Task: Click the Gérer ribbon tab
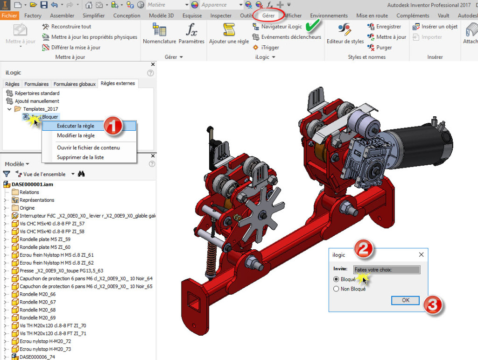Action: [x=268, y=15]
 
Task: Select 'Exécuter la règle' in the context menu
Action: [x=75, y=126]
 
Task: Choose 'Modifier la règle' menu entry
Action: [x=76, y=135]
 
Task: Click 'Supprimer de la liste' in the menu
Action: [x=80, y=157]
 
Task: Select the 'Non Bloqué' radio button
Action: [x=336, y=289]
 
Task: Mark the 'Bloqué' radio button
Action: [x=336, y=279]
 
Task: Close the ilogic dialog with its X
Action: [x=421, y=255]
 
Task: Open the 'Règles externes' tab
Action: [x=118, y=84]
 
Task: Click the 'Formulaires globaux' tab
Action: [x=75, y=84]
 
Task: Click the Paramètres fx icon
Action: [x=191, y=30]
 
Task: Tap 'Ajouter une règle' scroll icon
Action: [x=229, y=30]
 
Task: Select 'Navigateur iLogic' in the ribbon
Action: [x=281, y=27]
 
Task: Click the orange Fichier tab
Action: [x=9, y=15]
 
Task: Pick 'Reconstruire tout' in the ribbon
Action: [x=71, y=27]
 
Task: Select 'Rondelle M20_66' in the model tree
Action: [x=37, y=294]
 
